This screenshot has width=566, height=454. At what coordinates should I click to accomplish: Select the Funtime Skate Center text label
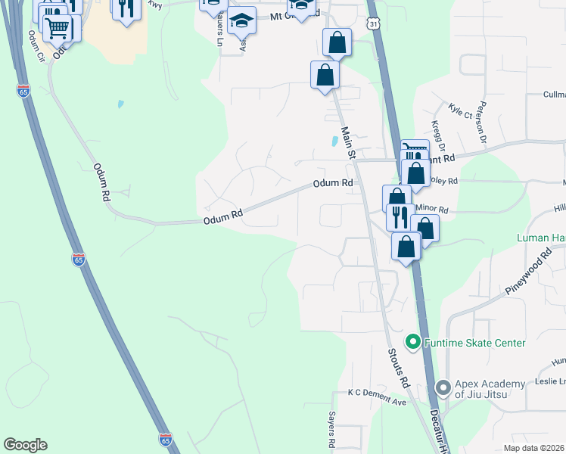(474, 343)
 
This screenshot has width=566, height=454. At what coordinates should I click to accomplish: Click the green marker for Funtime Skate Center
(413, 343)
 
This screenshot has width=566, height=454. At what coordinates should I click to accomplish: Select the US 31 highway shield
(375, 25)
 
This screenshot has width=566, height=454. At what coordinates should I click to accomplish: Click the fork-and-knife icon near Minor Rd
(400, 216)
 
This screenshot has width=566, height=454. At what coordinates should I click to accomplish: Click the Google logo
(25, 445)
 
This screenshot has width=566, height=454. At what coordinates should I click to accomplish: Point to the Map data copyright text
(534, 448)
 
